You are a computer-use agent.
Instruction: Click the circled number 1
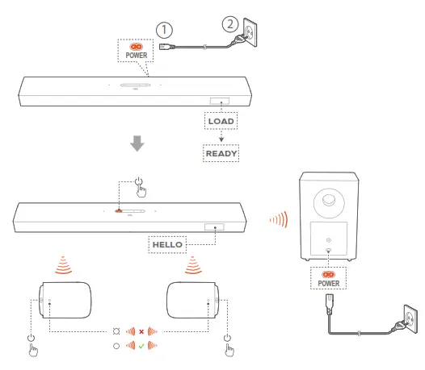(164, 31)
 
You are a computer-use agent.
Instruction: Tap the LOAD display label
(221, 121)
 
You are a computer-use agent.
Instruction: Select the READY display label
(221, 152)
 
